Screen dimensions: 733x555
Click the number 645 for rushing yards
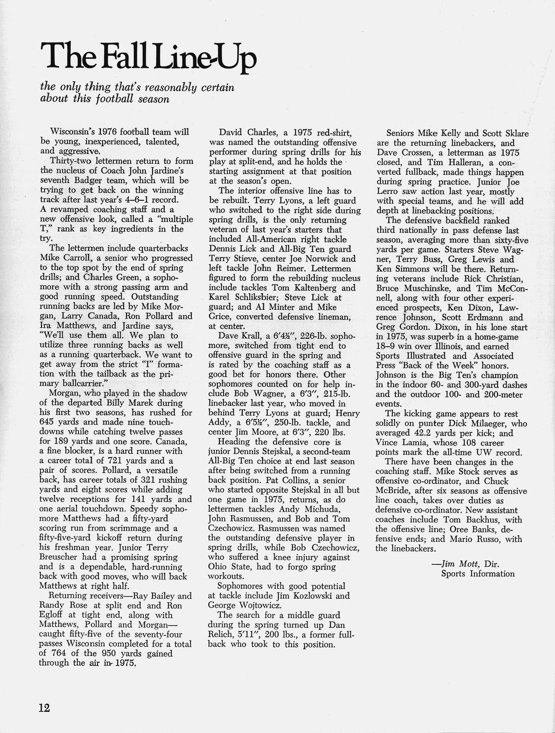[x=48, y=422]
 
